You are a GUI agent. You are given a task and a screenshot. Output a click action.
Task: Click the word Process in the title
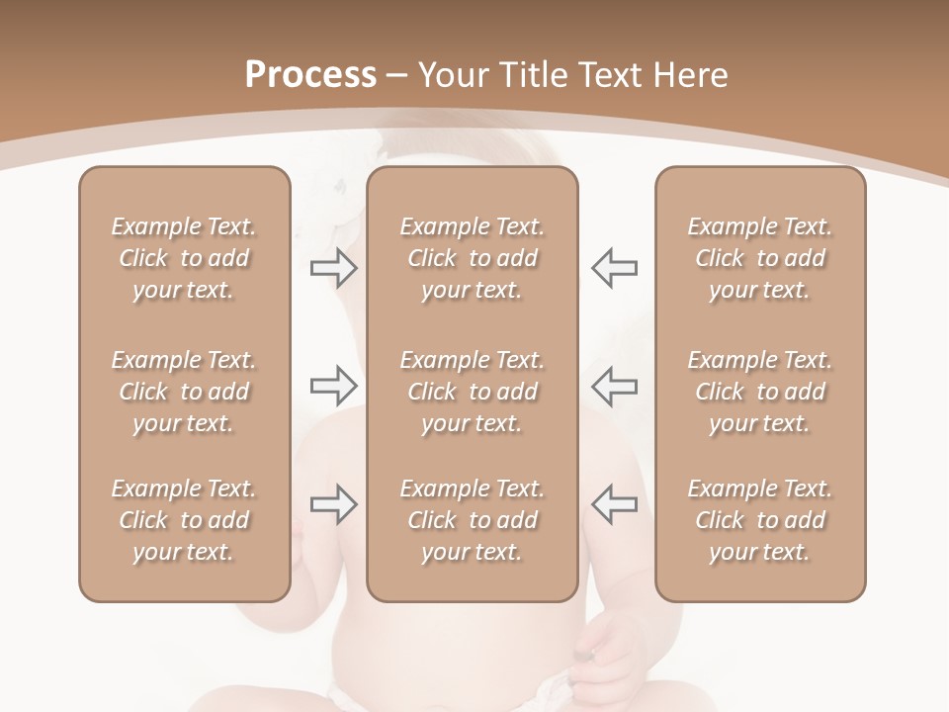pyautogui.click(x=310, y=75)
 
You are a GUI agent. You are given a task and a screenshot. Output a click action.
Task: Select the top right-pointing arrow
pyautogui.click(x=334, y=267)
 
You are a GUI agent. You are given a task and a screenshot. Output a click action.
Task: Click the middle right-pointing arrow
pyautogui.click(x=334, y=385)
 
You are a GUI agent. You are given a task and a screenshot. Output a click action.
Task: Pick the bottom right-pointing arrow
pyautogui.click(x=334, y=504)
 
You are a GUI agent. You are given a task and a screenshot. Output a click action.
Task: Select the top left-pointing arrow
pyautogui.click(x=614, y=267)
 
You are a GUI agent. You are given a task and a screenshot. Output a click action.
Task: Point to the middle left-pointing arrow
pyautogui.click(x=614, y=385)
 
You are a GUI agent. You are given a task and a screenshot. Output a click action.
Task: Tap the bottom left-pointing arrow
pyautogui.click(x=614, y=504)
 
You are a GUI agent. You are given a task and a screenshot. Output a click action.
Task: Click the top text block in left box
pyautogui.click(x=184, y=258)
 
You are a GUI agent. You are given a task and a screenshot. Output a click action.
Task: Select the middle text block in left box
pyautogui.click(x=184, y=392)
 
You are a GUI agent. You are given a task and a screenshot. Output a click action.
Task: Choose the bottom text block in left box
pyautogui.click(x=184, y=520)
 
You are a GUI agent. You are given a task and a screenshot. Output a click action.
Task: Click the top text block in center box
pyautogui.click(x=472, y=258)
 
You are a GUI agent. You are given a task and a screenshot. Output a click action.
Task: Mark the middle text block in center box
pyautogui.click(x=472, y=392)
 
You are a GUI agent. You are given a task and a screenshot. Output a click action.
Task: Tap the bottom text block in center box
pyautogui.click(x=472, y=520)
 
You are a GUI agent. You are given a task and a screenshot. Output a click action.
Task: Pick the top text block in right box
pyautogui.click(x=759, y=258)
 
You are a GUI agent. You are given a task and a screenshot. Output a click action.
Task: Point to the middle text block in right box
pyautogui.click(x=759, y=392)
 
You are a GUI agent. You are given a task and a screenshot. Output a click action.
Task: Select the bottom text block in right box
pyautogui.click(x=759, y=520)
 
